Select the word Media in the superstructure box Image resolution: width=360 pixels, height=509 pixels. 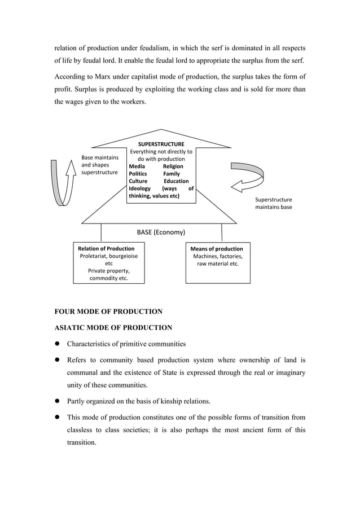(137, 166)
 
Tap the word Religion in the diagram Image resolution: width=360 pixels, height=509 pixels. (173, 166)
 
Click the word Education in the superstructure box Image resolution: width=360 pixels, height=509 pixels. (176, 181)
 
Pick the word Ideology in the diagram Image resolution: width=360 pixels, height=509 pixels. (140, 188)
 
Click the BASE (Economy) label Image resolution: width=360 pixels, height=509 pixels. (161, 232)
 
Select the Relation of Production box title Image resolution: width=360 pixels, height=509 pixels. (106, 248)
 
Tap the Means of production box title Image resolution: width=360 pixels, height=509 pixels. (217, 248)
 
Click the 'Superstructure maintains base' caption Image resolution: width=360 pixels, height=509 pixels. (274, 203)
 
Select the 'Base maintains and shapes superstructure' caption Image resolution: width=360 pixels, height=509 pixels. (100, 165)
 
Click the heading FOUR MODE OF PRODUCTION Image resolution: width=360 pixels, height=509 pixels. (108, 311)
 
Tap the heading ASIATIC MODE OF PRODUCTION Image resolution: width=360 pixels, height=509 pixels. (113, 327)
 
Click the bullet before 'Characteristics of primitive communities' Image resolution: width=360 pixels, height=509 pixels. (57, 344)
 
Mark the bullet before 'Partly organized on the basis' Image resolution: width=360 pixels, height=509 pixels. (57, 401)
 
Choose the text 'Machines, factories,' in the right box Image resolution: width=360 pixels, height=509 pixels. (218, 256)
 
